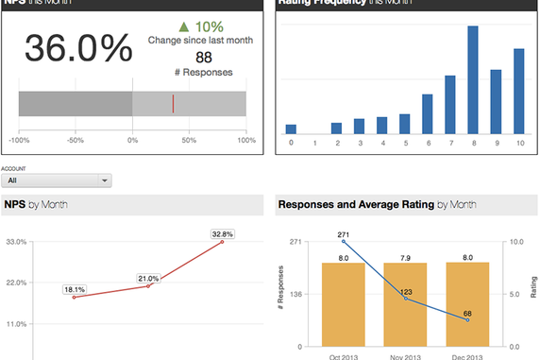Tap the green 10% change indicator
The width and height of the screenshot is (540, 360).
tap(200, 26)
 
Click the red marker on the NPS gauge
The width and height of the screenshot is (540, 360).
tap(173, 104)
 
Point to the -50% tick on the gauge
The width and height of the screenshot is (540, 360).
tap(75, 140)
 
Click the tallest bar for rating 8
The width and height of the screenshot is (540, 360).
tap(473, 80)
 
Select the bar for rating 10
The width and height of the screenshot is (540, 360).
tap(518, 92)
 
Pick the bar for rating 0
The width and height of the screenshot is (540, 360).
tap(291, 129)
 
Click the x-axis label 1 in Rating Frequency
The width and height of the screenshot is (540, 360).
tap(313, 143)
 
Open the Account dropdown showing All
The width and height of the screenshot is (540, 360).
tap(58, 180)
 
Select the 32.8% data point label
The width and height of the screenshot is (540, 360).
tap(222, 233)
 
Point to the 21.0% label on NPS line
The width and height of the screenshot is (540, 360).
tap(148, 279)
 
